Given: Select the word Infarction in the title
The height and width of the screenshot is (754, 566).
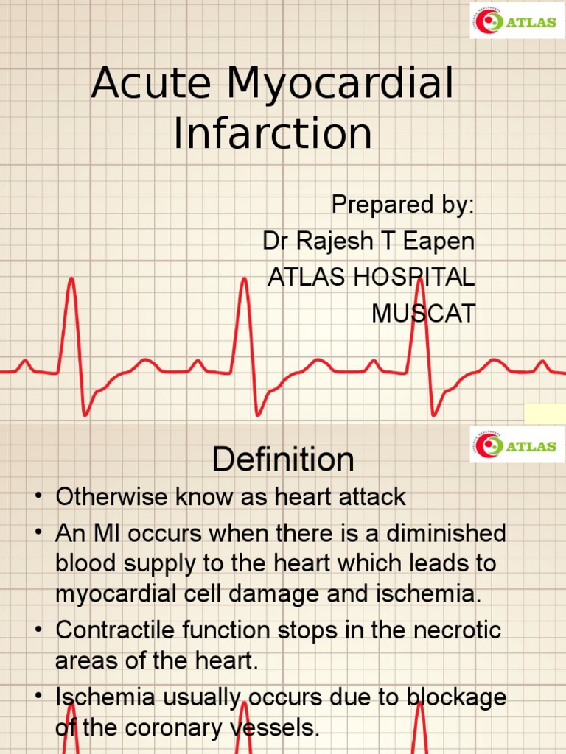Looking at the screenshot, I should (273, 134).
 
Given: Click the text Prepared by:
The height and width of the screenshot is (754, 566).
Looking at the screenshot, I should (402, 205).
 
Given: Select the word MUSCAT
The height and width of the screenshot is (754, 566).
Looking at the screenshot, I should (423, 313).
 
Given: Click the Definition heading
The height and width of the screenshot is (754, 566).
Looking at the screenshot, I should (283, 460).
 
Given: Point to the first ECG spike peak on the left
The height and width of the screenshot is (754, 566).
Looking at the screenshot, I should (71, 279).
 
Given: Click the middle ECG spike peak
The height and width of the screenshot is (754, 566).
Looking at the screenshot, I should (243, 279).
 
